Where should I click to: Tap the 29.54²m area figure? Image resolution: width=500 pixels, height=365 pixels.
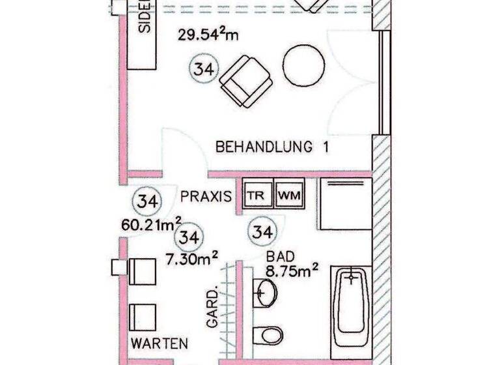(208, 34)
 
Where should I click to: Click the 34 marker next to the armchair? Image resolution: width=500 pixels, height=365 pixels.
(204, 68)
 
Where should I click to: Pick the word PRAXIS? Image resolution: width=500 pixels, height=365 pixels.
(206, 196)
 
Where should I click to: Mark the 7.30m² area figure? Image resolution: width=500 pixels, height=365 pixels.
(191, 259)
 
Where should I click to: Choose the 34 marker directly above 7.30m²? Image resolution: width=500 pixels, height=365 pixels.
(190, 237)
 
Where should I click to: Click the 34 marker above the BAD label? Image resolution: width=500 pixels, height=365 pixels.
(262, 231)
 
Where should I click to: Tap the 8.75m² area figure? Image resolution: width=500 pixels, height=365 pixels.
(291, 269)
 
